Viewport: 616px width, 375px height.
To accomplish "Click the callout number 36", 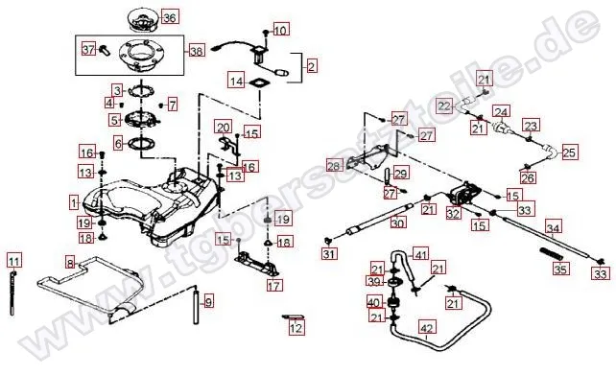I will (x=169, y=17).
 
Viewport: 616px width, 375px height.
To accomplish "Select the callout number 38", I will (x=197, y=51).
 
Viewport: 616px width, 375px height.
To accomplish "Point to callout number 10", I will (x=280, y=31).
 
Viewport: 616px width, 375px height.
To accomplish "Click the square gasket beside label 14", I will (x=258, y=83).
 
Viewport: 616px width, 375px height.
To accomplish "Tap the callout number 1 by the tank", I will (x=74, y=203).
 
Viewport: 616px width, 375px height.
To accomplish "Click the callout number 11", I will (x=13, y=260).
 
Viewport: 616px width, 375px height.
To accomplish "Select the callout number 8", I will (x=70, y=262).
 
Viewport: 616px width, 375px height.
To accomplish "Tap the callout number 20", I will (x=223, y=128).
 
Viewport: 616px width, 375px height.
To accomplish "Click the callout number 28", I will (x=333, y=167).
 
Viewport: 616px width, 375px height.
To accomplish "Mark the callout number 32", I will (x=452, y=215).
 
